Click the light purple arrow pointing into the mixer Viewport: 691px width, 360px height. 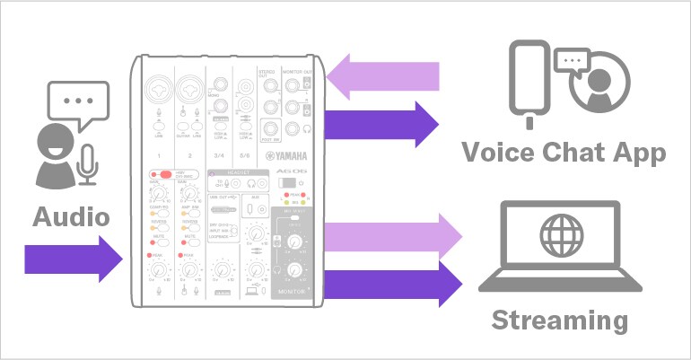click(x=387, y=74)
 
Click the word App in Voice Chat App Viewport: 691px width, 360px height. click(x=634, y=152)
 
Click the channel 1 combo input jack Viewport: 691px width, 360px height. click(x=158, y=90)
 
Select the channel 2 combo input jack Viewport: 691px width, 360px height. click(x=189, y=90)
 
